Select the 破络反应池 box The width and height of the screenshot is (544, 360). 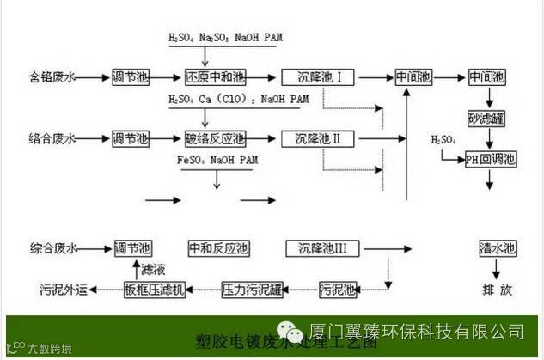209,137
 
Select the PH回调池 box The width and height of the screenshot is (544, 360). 490,158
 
